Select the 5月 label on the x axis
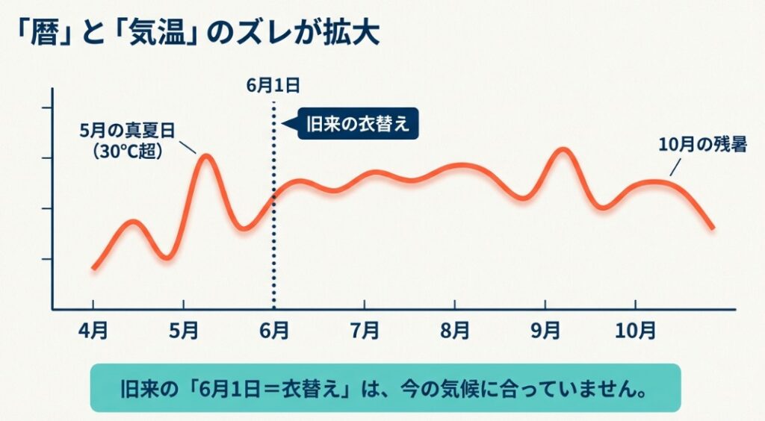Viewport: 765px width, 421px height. point(184,328)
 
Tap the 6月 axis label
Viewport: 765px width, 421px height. point(274,328)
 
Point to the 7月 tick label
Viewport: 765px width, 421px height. point(365,328)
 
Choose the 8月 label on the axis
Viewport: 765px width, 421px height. point(455,328)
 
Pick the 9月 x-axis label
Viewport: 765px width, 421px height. point(545,328)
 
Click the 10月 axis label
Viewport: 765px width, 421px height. point(635,328)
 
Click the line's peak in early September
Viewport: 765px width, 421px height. point(564,150)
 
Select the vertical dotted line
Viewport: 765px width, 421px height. point(273,224)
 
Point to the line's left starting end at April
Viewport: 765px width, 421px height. point(93,268)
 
